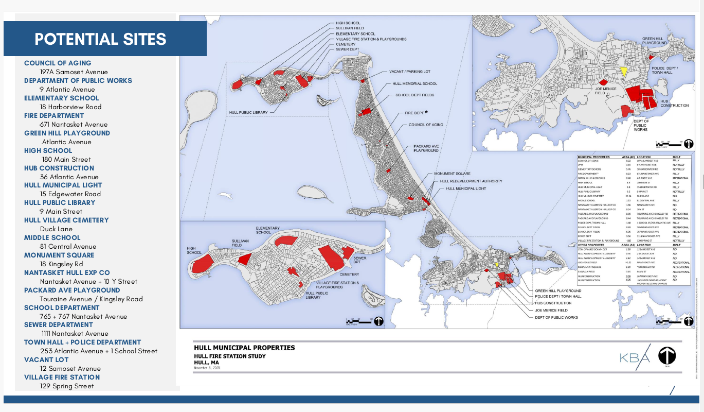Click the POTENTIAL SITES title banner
[x=100, y=39]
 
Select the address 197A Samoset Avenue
[x=74, y=72]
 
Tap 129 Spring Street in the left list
[x=67, y=386]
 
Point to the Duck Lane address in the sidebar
[x=56, y=229]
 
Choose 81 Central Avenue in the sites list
[x=68, y=246]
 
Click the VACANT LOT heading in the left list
[x=46, y=359]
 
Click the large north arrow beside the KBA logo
[x=667, y=355]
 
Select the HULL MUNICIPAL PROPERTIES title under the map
[x=244, y=348]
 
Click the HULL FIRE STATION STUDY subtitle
[x=230, y=356]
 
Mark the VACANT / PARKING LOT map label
[x=409, y=72]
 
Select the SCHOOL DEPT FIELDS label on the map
[x=414, y=95]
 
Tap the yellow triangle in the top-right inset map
[x=623, y=72]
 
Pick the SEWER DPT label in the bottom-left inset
[x=360, y=260]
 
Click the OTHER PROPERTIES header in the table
[x=592, y=244]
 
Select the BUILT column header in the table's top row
[x=678, y=157]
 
